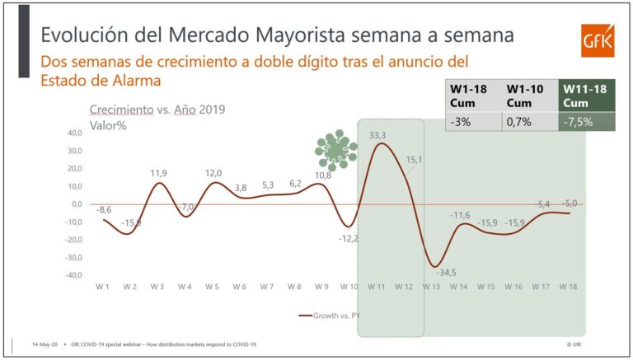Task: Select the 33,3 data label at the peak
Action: tap(379, 135)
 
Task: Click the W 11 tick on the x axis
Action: tap(376, 286)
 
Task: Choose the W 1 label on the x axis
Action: tap(102, 286)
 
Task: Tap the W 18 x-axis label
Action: tap(568, 286)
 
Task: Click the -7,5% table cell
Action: tap(578, 122)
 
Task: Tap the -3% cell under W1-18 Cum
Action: tap(461, 122)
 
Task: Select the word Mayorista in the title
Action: tap(318, 35)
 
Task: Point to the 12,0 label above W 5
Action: tap(213, 173)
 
